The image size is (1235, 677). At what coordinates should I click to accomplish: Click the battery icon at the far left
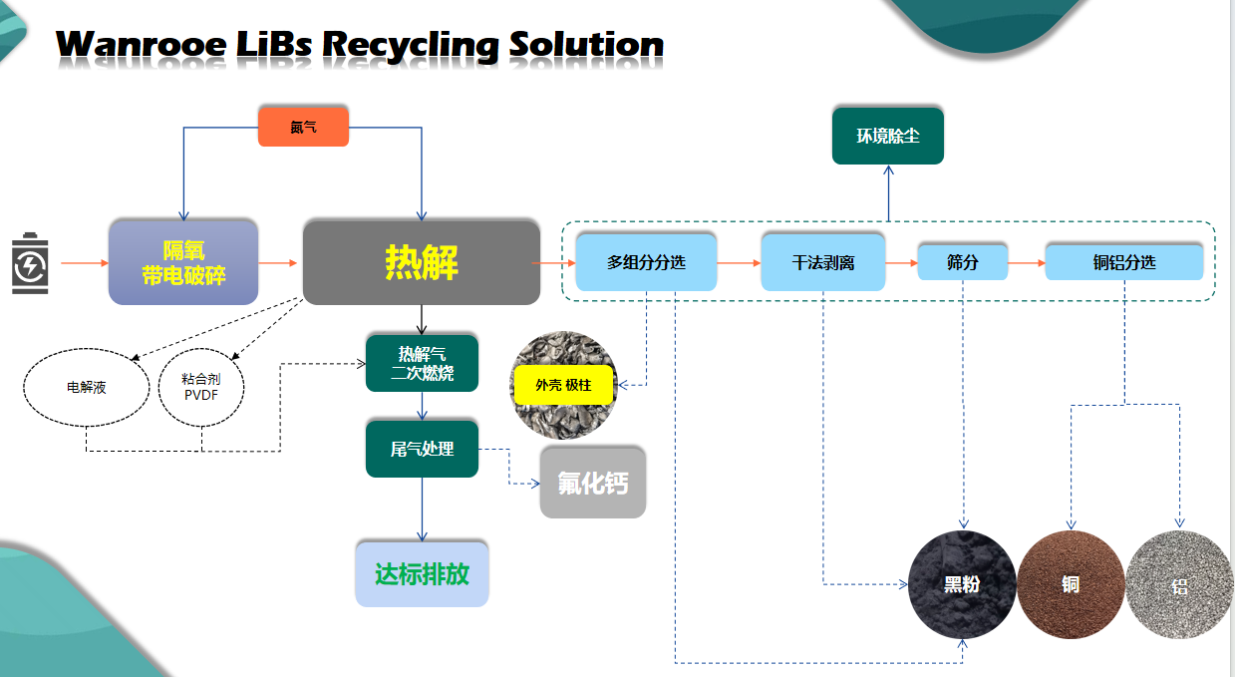click(x=30, y=263)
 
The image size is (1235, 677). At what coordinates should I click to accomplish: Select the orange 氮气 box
click(x=303, y=127)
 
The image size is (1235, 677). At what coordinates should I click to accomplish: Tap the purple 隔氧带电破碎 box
click(x=183, y=262)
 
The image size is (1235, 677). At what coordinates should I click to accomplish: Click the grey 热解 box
click(x=421, y=262)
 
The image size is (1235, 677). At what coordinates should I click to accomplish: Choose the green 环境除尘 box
click(x=887, y=136)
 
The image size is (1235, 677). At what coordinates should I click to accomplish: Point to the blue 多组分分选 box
click(x=647, y=263)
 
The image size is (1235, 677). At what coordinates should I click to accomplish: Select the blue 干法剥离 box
click(x=822, y=263)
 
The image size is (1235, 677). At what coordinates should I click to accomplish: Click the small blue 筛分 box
click(x=962, y=262)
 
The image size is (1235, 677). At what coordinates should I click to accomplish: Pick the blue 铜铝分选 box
click(x=1124, y=262)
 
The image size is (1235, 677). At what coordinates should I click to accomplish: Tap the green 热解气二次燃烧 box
click(x=422, y=363)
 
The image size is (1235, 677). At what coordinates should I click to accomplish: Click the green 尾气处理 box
click(x=422, y=450)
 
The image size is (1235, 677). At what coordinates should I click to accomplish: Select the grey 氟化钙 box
click(x=592, y=483)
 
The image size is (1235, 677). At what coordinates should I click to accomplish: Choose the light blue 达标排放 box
click(x=422, y=574)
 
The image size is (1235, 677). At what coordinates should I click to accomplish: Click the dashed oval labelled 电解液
click(x=87, y=388)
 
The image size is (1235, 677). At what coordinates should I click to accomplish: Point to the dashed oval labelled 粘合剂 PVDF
click(x=201, y=387)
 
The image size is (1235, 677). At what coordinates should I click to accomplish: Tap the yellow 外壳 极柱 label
click(x=564, y=384)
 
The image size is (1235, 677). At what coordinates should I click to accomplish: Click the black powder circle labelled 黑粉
click(x=962, y=583)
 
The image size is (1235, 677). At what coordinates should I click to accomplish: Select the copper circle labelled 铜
click(x=1071, y=583)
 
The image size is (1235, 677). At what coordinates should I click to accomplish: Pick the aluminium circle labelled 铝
click(x=1179, y=584)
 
